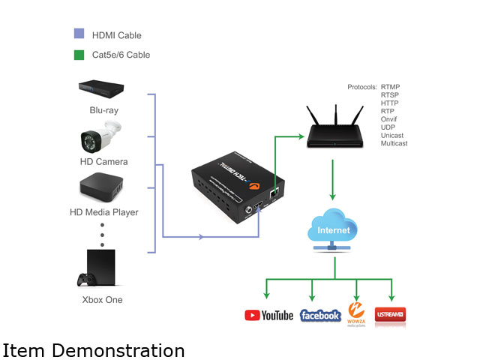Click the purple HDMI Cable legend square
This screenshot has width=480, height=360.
coord(78,34)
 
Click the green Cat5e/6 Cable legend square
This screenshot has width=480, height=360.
coord(78,53)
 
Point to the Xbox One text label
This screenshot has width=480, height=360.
coord(102,300)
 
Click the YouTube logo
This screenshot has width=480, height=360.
coord(268,315)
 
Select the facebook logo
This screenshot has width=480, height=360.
coord(320,316)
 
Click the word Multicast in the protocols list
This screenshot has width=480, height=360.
coord(394,142)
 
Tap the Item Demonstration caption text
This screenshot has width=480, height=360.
coord(94,349)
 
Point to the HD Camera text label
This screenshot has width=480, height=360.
coord(104,162)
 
